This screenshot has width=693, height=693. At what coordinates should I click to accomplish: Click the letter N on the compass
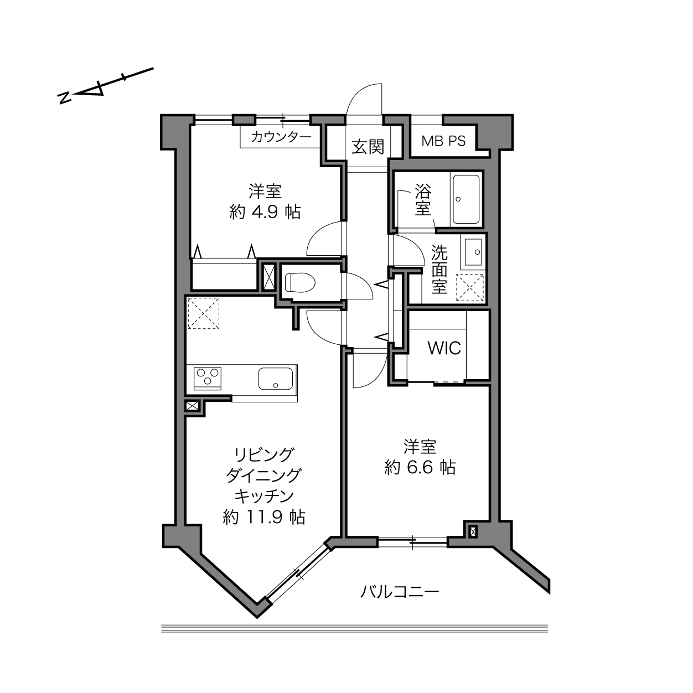[64, 98]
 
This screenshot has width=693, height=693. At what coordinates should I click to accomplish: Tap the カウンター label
[281, 137]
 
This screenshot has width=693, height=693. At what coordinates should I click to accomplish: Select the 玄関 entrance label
[368, 147]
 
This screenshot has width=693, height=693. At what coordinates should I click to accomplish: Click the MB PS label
[443, 141]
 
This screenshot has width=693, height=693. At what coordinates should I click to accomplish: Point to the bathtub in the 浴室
[466, 199]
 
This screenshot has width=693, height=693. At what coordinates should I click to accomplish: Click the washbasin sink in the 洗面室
[473, 252]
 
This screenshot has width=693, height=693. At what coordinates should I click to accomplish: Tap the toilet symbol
[300, 282]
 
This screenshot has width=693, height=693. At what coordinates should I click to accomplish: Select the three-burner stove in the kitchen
[208, 378]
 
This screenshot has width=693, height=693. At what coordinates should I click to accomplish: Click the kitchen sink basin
[276, 378]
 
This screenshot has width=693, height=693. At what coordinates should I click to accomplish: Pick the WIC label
[444, 348]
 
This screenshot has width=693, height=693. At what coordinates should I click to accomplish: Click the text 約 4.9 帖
[265, 212]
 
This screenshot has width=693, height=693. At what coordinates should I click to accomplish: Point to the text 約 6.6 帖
[420, 468]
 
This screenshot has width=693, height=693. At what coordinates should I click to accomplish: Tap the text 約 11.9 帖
[264, 518]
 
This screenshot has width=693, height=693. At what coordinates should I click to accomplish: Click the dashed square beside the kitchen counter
[204, 313]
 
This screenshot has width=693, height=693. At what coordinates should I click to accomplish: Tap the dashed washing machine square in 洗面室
[470, 287]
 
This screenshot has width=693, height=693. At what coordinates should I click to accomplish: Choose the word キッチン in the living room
[265, 497]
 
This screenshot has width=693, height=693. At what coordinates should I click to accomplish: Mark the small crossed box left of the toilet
[268, 277]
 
